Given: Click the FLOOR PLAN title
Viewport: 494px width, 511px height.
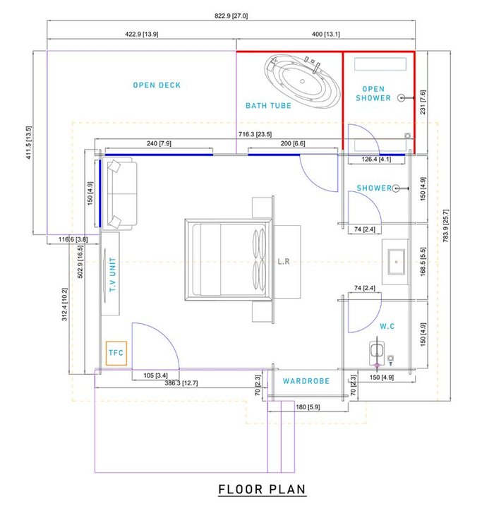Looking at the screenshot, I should click(262, 489).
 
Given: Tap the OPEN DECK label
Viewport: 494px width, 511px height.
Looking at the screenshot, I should click(157, 85).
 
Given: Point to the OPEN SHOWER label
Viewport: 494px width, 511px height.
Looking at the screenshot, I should click(373, 93).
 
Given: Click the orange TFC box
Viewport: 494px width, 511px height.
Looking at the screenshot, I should click(116, 352).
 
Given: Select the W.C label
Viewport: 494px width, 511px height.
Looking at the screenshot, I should click(387, 327).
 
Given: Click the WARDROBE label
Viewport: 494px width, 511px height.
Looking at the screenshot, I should click(306, 381).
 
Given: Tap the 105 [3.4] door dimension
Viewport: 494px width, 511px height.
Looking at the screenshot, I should click(155, 375).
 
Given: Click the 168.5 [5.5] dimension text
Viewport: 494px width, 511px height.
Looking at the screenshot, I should click(423, 262).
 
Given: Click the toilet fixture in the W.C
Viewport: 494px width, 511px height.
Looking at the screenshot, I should click(378, 353).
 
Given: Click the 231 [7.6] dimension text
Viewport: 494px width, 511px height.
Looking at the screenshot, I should click(423, 102).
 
